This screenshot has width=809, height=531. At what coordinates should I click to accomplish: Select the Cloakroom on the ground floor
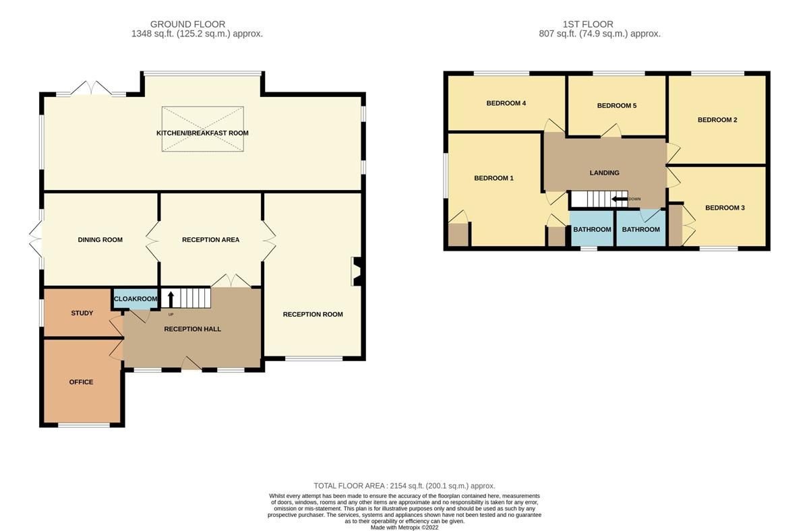coord(135,299)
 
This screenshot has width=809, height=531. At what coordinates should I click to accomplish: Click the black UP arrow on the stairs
coord(170,299)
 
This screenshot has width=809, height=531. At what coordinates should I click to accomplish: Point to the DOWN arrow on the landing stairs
coord(618,199)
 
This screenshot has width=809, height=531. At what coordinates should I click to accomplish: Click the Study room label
coord(82,313)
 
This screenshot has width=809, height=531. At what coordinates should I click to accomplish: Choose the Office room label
coord(81,382)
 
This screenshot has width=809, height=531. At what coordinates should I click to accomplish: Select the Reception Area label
coord(210,240)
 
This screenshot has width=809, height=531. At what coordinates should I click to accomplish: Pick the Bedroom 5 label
coord(616,106)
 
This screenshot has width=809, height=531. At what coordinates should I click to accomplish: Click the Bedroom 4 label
coord(506,103)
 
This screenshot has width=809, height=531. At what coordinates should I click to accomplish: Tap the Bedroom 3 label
coord(725,208)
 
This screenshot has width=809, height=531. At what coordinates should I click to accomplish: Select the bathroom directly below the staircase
coord(592,230)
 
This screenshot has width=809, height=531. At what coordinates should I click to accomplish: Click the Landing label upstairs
coord(604,173)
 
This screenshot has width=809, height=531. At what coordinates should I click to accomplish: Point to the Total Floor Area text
coord(404,486)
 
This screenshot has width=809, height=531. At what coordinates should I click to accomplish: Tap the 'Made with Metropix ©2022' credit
coord(404,528)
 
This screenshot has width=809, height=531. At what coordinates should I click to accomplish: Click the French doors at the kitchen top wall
coord(91,89)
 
